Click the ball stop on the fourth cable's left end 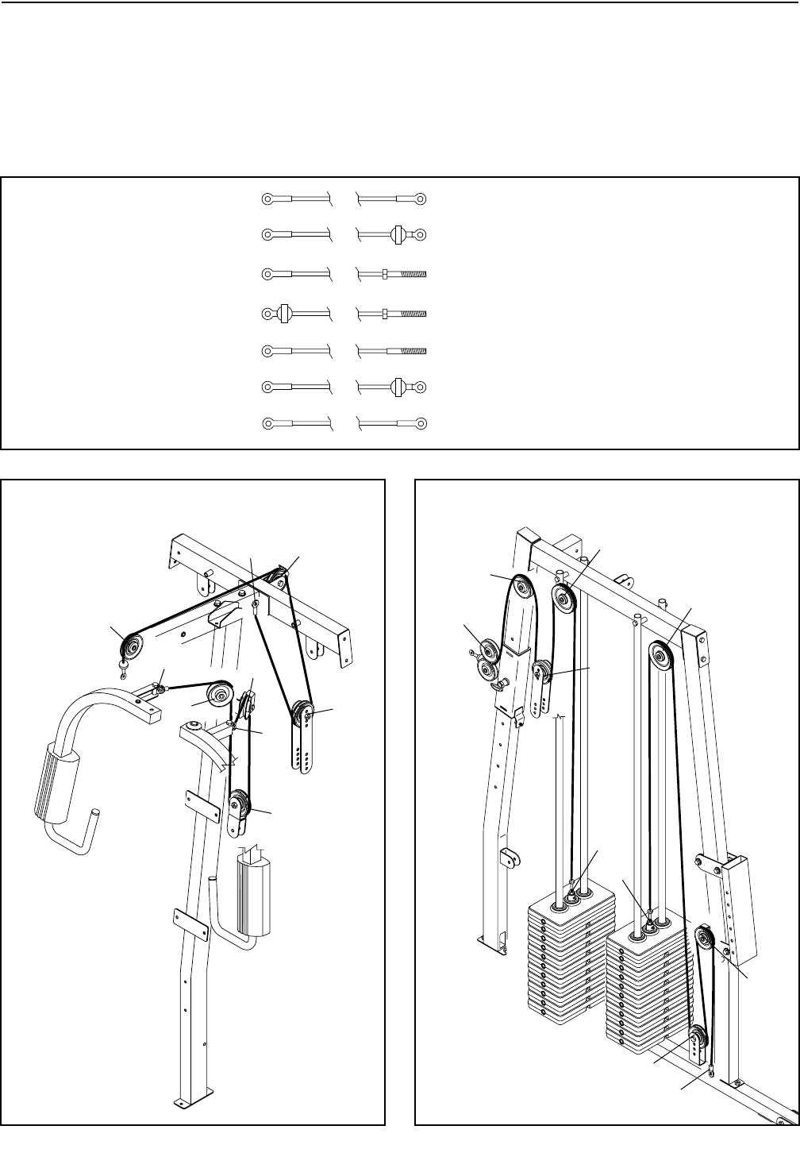point(283,312)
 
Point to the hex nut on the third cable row point(385,274)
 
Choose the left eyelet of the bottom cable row point(268,425)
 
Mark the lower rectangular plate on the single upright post point(192,920)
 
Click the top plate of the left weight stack point(570,904)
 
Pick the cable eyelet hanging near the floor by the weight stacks point(711,1073)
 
